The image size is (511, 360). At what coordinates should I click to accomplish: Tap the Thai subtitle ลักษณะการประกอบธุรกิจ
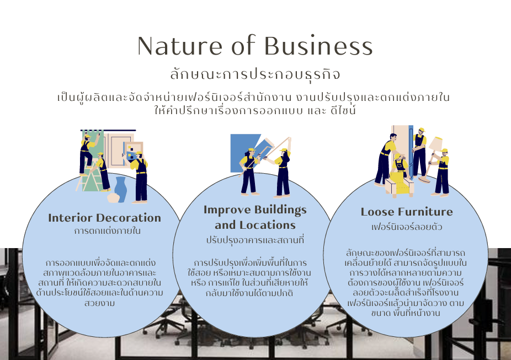pos(255,74)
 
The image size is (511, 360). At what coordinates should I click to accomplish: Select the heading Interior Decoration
pos(104,218)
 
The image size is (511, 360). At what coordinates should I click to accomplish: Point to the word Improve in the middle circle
pos(227,210)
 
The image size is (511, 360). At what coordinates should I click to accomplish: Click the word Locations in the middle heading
pos(268,225)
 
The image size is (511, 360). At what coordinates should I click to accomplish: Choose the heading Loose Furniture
pos(407,212)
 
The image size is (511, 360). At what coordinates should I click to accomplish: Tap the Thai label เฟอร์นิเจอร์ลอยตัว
pos(407,227)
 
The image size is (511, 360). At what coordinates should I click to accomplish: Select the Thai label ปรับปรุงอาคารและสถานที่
pos(255,240)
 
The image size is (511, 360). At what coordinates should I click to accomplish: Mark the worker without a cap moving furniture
pos(385,157)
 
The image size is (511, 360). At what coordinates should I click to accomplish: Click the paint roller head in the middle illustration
pos(268,143)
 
